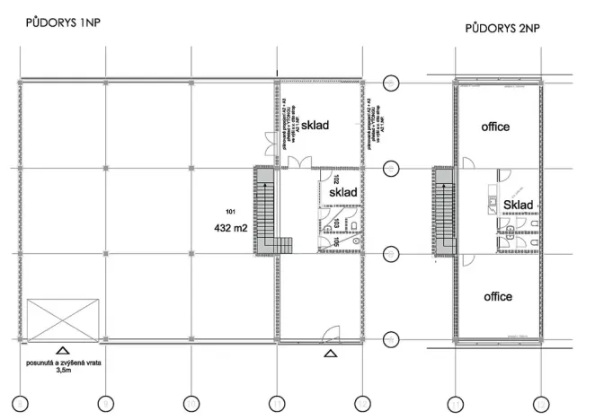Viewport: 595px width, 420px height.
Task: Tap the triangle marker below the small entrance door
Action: pos(330,354)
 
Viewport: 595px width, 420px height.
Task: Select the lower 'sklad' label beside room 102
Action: pos(344,193)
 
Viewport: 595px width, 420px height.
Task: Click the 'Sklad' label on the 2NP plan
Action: pos(519,206)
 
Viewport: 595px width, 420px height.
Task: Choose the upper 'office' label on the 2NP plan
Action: pos(495,127)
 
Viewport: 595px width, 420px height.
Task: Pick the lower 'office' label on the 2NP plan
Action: pos(496,296)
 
